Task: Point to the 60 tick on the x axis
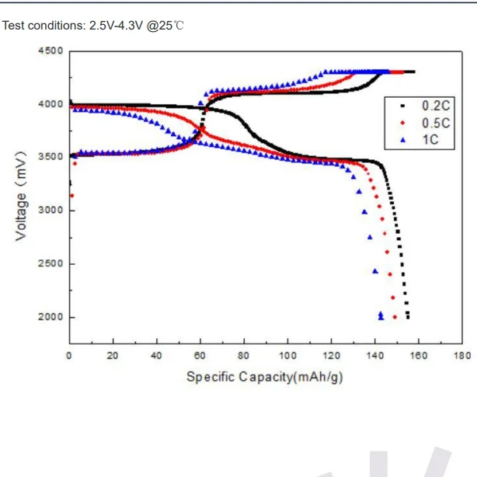tap(200, 356)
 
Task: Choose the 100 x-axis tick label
tap(287, 356)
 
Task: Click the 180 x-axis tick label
tap(462, 356)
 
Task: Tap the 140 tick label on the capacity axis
tap(375, 356)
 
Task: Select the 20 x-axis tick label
tap(113, 356)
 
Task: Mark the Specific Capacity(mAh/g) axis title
tap(264, 377)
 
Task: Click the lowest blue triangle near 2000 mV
tap(381, 317)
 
